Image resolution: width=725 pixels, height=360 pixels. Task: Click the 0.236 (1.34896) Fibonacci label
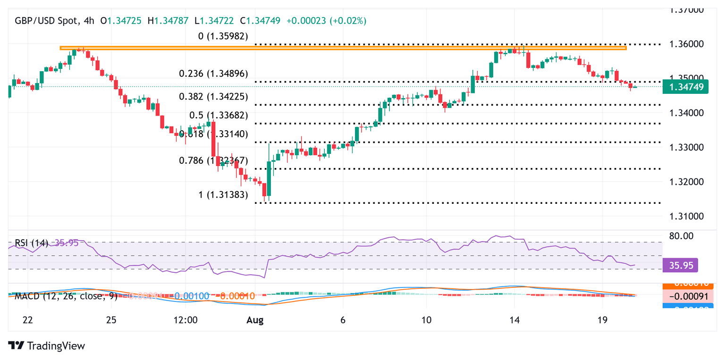(213, 74)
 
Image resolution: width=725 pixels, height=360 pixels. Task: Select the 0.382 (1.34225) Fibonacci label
(213, 96)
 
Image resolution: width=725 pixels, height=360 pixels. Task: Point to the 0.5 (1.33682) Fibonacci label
(219, 115)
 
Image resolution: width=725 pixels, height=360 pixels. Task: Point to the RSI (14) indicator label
(31, 243)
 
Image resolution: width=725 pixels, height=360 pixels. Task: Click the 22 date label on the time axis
(28, 320)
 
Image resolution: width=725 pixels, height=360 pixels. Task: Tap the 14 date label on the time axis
(515, 320)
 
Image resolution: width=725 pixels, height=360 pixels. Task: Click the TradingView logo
(47, 346)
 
